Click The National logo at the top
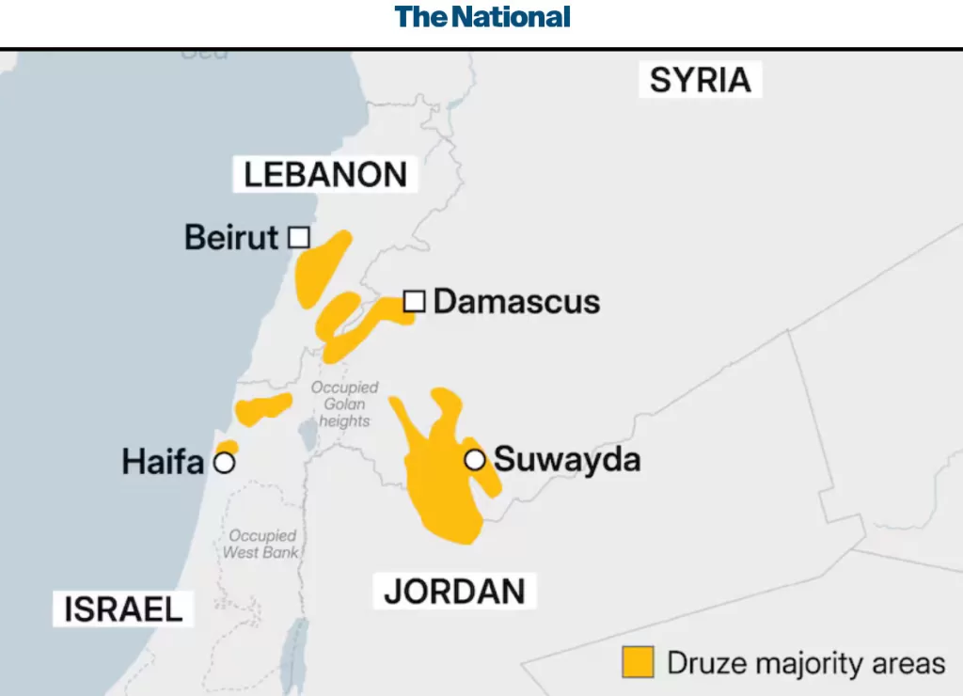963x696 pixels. tap(481, 17)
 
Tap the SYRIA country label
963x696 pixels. tap(701, 80)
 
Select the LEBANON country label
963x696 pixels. tap(325, 175)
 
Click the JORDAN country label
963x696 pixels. tap(454, 592)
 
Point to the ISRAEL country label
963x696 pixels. tap(123, 609)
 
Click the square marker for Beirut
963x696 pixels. tap(298, 237)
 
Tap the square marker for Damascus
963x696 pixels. tap(415, 301)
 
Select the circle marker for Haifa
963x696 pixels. tap(224, 463)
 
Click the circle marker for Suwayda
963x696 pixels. tap(475, 460)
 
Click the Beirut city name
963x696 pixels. tap(231, 237)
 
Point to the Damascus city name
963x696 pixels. tap(516, 302)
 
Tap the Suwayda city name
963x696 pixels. tap(567, 460)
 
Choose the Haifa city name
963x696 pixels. tap(163, 463)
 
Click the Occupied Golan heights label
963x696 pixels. tap(344, 404)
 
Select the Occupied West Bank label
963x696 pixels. tap(260, 544)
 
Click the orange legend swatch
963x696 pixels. tap(638, 662)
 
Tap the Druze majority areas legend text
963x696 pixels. tap(806, 662)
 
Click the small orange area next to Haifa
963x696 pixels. tap(227, 447)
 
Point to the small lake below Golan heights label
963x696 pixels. tap(307, 435)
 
